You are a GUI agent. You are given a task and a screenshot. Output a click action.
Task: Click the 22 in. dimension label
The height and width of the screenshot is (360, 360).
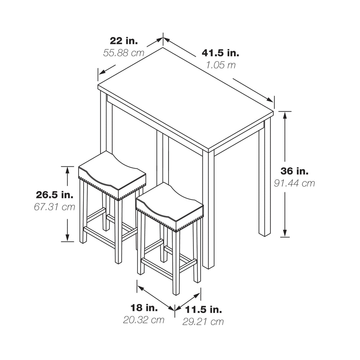coord(124,41)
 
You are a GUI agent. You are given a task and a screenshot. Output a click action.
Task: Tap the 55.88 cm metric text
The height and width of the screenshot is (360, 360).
coord(124,53)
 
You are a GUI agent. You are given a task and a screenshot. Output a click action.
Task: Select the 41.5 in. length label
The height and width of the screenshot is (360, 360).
coord(220,53)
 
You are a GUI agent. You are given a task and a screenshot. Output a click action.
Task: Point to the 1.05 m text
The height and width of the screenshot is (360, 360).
coord(221,65)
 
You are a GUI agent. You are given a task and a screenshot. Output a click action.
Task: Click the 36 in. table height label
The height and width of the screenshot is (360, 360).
coord(294,171)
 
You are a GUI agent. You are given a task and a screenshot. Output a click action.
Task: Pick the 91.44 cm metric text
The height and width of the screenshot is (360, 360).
coord(294,183)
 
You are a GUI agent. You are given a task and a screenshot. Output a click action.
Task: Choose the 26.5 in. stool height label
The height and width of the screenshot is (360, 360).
coord(55,195)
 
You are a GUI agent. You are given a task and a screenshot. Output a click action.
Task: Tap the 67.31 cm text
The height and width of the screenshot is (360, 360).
coord(55,207)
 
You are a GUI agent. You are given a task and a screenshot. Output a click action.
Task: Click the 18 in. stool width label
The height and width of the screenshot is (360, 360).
coord(144,308)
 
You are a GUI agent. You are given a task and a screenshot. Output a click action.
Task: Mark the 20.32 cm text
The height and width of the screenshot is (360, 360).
coord(144,320)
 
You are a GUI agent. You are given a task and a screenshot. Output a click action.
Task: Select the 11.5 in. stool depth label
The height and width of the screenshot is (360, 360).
coord(203,310)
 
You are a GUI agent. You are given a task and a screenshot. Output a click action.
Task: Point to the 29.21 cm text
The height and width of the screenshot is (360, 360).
coord(203,321)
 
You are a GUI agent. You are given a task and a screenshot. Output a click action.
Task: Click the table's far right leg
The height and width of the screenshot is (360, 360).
coord(265,179)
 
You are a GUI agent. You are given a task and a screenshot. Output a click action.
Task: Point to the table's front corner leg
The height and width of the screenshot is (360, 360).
coord(208,209)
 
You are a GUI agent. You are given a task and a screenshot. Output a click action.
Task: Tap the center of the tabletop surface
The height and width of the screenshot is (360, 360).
coord(185,99)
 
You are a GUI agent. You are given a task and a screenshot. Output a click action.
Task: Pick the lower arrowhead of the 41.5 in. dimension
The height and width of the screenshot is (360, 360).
coord(270,99)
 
